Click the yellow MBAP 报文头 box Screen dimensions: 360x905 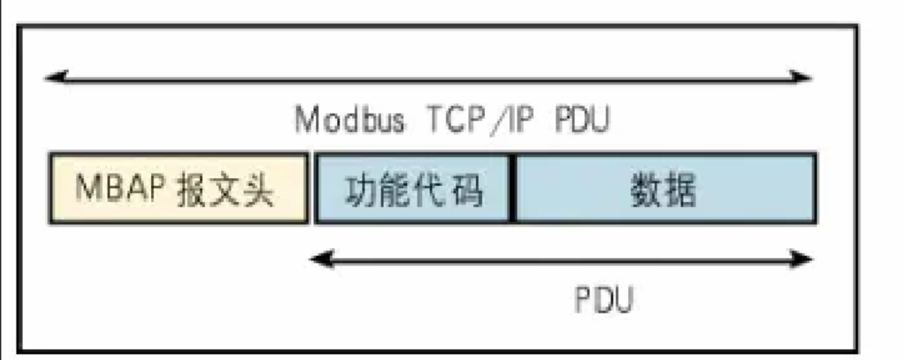(x=178, y=188)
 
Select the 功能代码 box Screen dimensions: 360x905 (x=413, y=188)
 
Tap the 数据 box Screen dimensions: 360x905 (x=664, y=188)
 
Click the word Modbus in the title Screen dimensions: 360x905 (x=351, y=121)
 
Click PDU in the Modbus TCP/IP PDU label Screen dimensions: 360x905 (x=582, y=121)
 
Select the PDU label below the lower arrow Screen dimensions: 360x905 (x=604, y=300)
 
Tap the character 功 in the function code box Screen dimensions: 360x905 (x=361, y=190)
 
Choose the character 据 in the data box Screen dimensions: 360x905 (x=681, y=190)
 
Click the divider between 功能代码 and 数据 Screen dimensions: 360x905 (x=512, y=188)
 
